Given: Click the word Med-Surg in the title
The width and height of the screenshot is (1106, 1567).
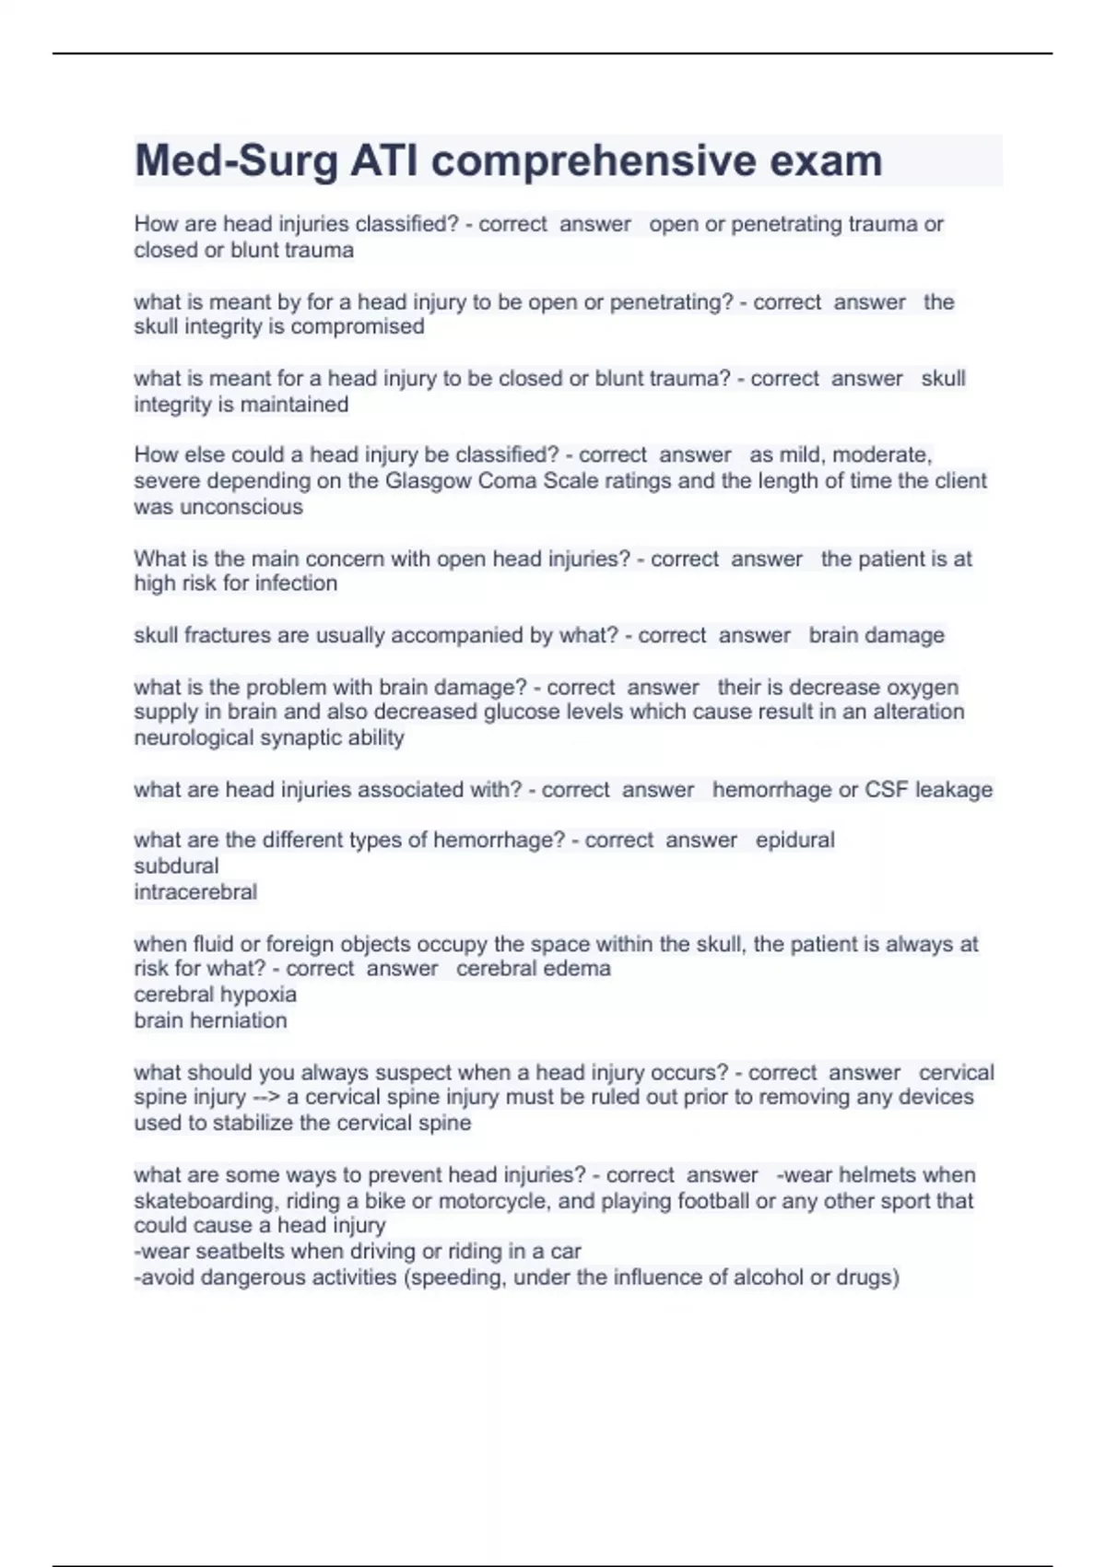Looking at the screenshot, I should point(236,161).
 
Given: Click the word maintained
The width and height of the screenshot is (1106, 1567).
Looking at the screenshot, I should point(294,405).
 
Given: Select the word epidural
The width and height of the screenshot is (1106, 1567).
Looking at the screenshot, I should point(794,841).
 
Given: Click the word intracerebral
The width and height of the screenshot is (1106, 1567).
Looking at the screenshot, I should point(195,892).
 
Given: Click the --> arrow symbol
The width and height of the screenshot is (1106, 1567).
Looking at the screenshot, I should point(266,1098).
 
